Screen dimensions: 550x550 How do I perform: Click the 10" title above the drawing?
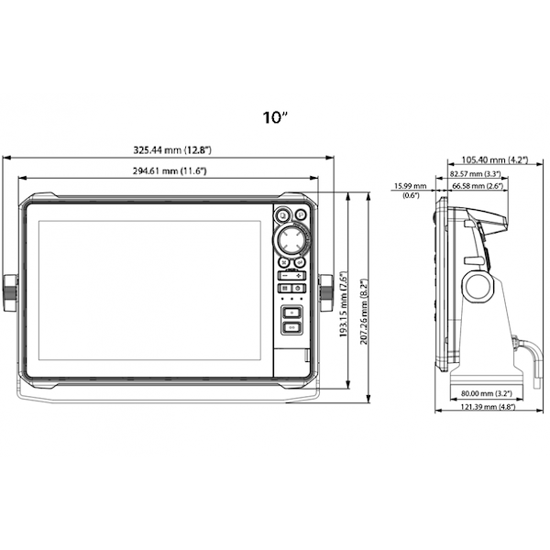point(276,117)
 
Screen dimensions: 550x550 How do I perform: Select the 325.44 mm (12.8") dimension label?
point(172,150)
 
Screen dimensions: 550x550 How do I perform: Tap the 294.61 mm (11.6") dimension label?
point(170,171)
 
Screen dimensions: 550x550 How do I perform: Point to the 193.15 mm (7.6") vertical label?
point(344,304)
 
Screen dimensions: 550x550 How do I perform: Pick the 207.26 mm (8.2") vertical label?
point(364,312)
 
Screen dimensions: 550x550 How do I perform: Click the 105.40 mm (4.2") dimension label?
point(495,159)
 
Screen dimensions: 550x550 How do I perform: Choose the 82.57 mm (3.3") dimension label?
point(475,173)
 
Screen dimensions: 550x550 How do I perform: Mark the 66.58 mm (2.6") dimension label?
point(478,185)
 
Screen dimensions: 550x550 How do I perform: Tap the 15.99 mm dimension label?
point(410,185)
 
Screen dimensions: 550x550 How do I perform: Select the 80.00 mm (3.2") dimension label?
point(487,393)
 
